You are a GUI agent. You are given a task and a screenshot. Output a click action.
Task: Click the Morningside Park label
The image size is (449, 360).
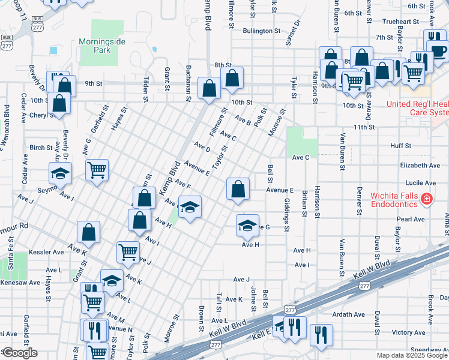point(95,46)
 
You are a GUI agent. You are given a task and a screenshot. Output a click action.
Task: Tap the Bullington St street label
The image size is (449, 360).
point(262,31)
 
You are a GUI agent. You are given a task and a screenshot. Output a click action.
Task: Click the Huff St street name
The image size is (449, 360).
point(400,145)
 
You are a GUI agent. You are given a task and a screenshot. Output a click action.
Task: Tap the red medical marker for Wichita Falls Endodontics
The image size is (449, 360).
point(427,198)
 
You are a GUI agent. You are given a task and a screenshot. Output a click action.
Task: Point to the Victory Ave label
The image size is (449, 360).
point(408,332)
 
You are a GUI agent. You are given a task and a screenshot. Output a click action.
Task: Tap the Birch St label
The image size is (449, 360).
point(41,147)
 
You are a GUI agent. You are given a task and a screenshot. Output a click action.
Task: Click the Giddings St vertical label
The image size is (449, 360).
point(287,215)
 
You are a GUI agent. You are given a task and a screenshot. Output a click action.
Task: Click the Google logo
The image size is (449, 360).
point(20,353)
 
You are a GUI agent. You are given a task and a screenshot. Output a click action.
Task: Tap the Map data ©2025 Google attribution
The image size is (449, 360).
point(412,355)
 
